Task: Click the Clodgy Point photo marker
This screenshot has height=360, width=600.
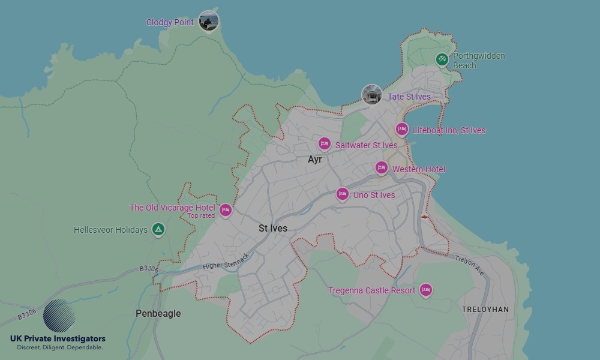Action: [208, 22]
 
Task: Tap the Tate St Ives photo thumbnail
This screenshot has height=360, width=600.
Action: [371, 95]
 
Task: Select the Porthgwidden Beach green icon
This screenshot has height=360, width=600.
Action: [442, 59]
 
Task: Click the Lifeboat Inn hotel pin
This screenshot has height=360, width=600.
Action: [401, 130]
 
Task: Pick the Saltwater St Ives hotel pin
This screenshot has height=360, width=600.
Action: [324, 144]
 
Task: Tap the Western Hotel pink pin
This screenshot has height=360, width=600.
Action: [381, 168]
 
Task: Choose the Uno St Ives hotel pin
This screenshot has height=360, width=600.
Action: [342, 194]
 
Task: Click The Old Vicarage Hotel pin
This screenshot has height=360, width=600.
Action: [225, 210]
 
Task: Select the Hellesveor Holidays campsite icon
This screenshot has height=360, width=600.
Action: [158, 229]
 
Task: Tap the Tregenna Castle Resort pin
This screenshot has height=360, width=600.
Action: [425, 290]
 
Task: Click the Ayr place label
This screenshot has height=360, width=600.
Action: [314, 160]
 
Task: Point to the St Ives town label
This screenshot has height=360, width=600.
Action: [273, 229]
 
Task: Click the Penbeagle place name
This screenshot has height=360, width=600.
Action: [158, 313]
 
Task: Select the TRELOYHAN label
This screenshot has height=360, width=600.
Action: [485, 310]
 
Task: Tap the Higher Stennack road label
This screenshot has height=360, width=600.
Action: [226, 262]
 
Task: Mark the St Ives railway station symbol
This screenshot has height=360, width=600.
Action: [424, 217]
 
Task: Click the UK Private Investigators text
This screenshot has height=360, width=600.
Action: [58, 339]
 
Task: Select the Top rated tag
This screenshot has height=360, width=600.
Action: [201, 216]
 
